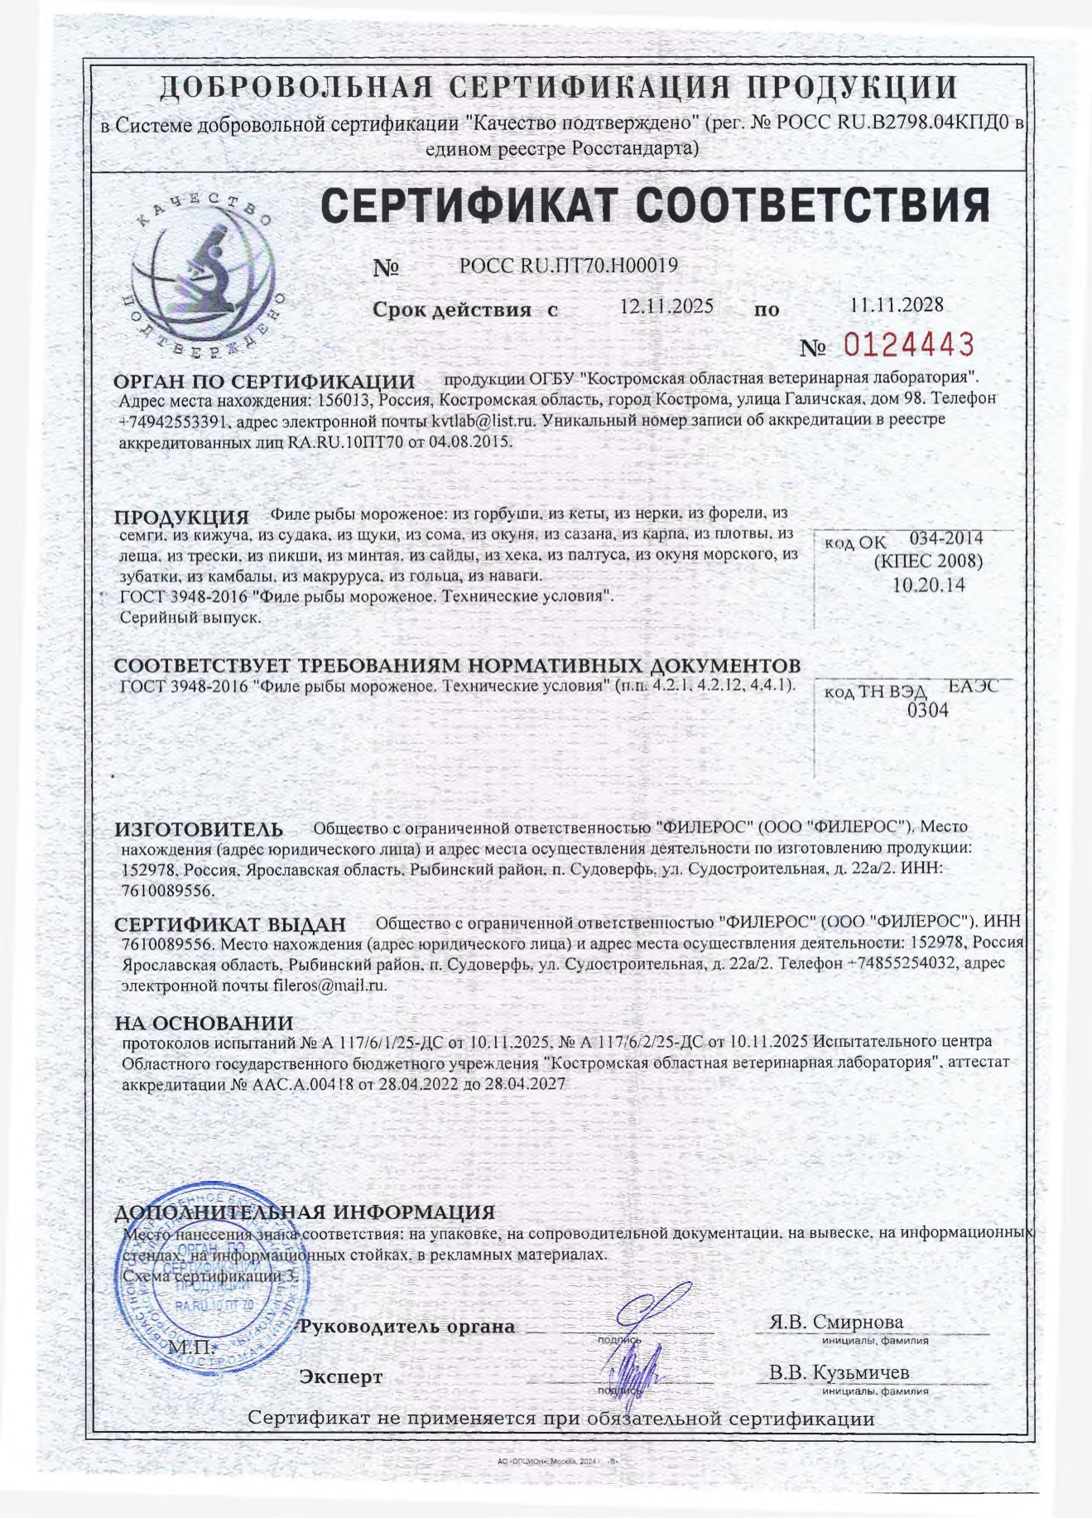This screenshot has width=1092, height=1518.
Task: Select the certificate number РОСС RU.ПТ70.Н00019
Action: click(x=568, y=265)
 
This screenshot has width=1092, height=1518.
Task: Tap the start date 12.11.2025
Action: click(x=666, y=306)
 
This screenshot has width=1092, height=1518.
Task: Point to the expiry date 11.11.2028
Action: click(x=897, y=305)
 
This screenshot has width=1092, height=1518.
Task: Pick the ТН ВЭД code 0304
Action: click(x=928, y=710)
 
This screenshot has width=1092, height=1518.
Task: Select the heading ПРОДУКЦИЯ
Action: click(x=181, y=518)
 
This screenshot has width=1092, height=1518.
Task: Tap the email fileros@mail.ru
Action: click(x=330, y=985)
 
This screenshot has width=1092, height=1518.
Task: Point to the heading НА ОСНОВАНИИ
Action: click(x=204, y=1024)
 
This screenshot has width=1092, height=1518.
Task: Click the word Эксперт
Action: click(x=341, y=1377)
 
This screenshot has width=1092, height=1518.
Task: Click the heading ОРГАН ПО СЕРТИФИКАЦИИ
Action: click(x=263, y=382)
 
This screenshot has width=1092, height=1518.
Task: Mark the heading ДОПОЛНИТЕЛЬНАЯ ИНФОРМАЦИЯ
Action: click(x=305, y=1213)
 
